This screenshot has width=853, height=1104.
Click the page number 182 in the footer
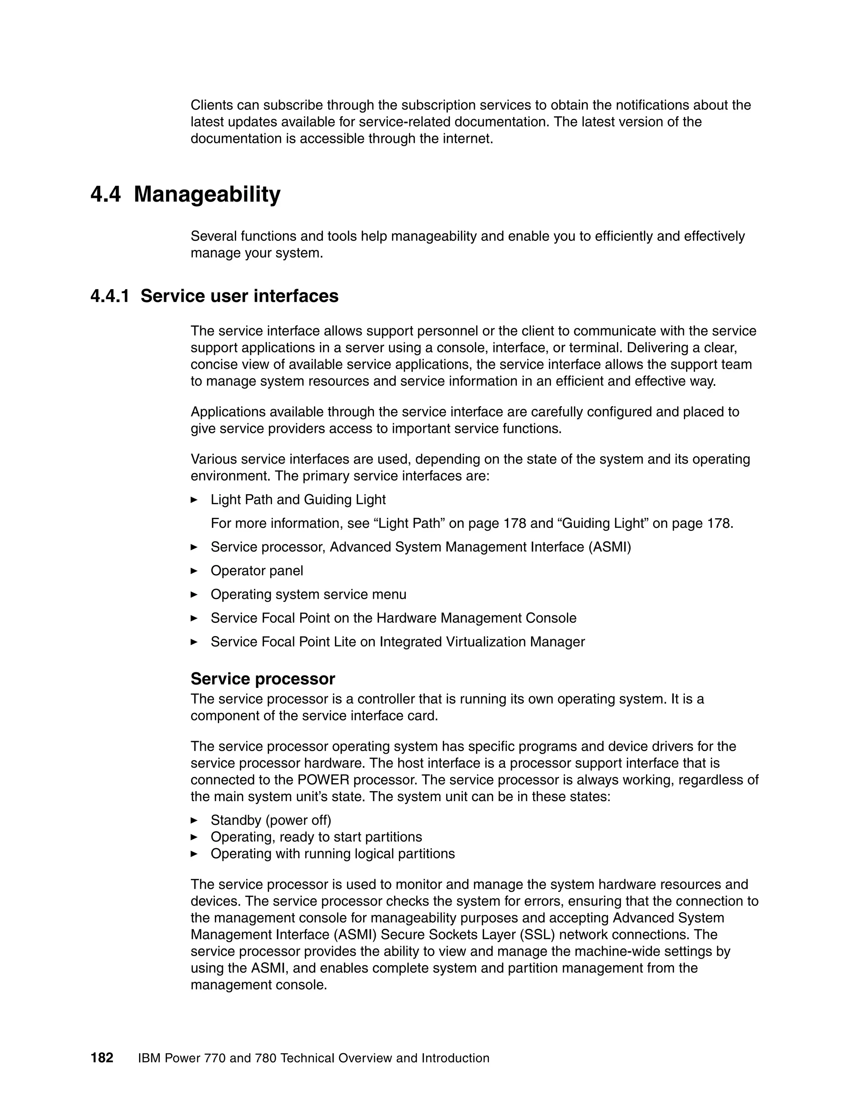[x=102, y=1057]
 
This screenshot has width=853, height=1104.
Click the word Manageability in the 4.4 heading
[x=207, y=195]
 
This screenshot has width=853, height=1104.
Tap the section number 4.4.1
[x=110, y=296]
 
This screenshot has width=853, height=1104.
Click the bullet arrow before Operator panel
[x=194, y=571]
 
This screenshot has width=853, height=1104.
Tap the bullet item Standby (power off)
[x=270, y=820]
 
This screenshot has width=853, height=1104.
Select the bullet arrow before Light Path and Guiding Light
[x=194, y=500]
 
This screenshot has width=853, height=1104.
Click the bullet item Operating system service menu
[x=308, y=594]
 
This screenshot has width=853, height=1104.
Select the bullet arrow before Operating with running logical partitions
[x=194, y=854]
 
